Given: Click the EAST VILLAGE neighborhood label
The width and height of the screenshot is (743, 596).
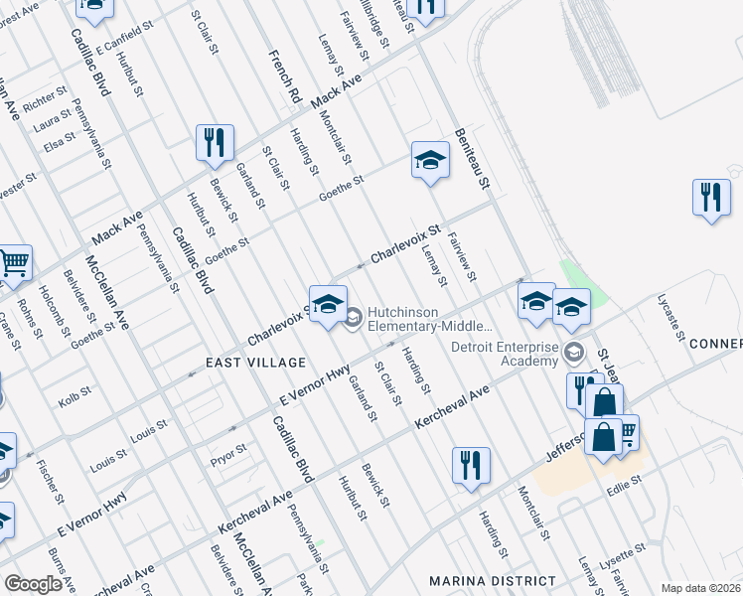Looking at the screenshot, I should pyautogui.click(x=247, y=364).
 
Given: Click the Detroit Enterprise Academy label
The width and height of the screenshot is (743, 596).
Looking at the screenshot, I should pyautogui.click(x=504, y=354).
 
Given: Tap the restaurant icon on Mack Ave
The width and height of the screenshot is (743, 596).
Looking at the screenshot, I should pyautogui.click(x=214, y=143).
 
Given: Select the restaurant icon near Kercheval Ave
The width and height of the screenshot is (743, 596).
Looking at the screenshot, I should pyautogui.click(x=470, y=465).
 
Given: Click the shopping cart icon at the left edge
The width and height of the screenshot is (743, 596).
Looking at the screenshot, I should pyautogui.click(x=13, y=263).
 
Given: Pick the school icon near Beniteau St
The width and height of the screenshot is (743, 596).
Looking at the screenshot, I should pyautogui.click(x=429, y=160).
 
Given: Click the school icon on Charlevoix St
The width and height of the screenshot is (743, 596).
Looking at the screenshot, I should pyautogui.click(x=327, y=305).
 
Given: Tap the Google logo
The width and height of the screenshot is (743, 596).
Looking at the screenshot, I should pyautogui.click(x=33, y=584).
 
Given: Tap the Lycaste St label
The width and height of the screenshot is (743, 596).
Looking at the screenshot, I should pyautogui.click(x=672, y=316).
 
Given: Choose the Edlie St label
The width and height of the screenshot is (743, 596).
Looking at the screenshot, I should pyautogui.click(x=625, y=481).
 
